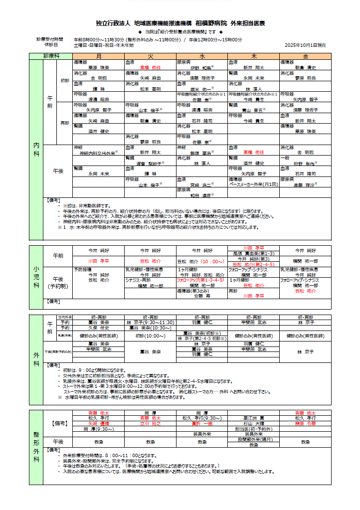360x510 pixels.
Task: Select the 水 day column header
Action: point(202,56)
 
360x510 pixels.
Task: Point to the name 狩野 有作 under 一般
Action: point(304,163)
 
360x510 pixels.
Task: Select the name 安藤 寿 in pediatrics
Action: point(201,296)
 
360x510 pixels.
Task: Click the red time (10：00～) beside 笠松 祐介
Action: point(214,261)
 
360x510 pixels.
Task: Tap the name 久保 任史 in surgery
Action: point(98,328)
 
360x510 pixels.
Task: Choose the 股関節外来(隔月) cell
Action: point(253,439)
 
